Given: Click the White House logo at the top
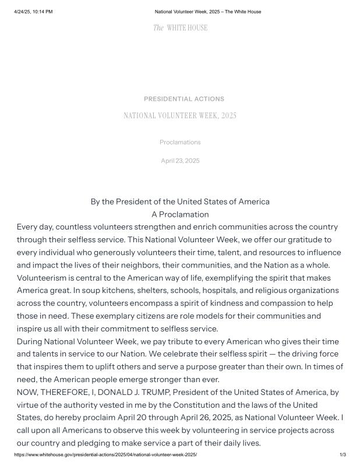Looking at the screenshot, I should click(x=180, y=28).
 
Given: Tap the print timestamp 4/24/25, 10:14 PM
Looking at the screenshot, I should click(x=33, y=12).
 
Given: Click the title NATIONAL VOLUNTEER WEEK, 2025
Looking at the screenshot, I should click(x=180, y=116).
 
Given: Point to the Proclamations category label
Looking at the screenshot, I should click(x=180, y=142).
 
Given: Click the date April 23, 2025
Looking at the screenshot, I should click(x=180, y=161).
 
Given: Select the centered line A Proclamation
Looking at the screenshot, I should click(x=180, y=214).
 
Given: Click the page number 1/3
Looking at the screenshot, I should click(x=343, y=454).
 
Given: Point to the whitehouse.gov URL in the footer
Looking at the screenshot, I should click(x=105, y=454).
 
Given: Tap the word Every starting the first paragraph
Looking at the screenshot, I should click(x=27, y=227).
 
